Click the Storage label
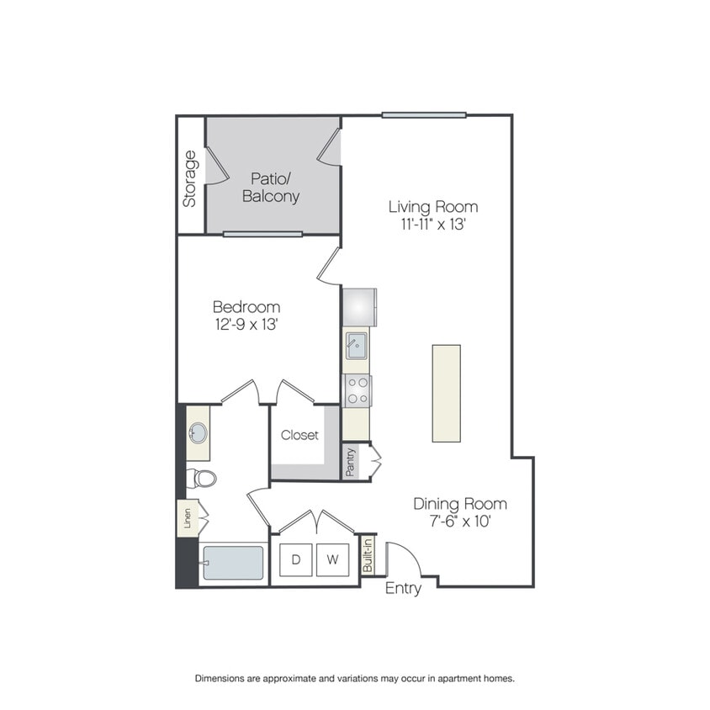pos(189,179)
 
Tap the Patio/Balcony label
pos(271,188)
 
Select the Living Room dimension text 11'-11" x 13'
pos(433,224)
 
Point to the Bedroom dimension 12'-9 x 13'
pos(246,324)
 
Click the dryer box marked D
pos(295,559)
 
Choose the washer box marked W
pos(332,559)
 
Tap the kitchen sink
pos(357,346)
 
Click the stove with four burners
pos(358,391)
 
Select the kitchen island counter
pos(447,393)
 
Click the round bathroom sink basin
pos(198,433)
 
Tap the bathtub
pos(233,563)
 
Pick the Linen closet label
pos(187,518)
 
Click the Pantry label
pos(350,463)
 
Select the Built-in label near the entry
pos(368,555)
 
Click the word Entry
pos(403,588)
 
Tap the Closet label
pos(299,435)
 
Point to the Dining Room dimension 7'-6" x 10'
pos(460,522)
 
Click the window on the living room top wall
pos(424,115)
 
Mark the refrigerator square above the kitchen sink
pos(359,307)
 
